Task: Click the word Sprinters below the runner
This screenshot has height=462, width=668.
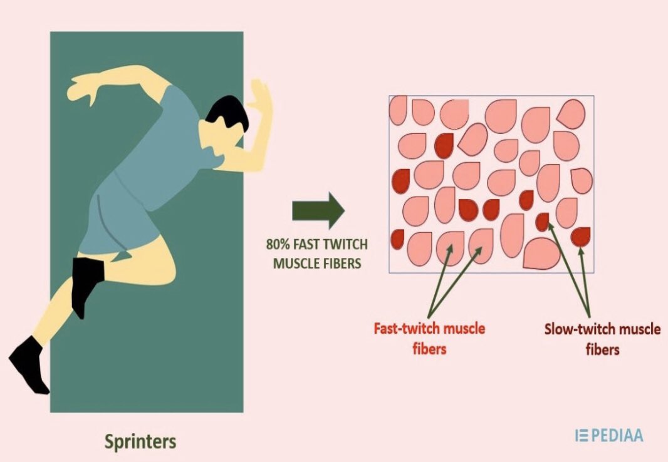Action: coord(140,441)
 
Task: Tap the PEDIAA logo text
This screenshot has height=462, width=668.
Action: coord(615,434)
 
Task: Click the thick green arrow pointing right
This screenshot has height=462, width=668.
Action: coord(318,210)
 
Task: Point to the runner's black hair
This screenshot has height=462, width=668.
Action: coord(226,115)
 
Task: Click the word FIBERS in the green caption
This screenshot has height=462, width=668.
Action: coord(341,264)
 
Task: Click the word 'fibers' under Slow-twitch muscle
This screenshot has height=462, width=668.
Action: coord(602,349)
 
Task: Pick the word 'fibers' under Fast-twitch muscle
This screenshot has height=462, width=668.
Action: coord(429,349)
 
